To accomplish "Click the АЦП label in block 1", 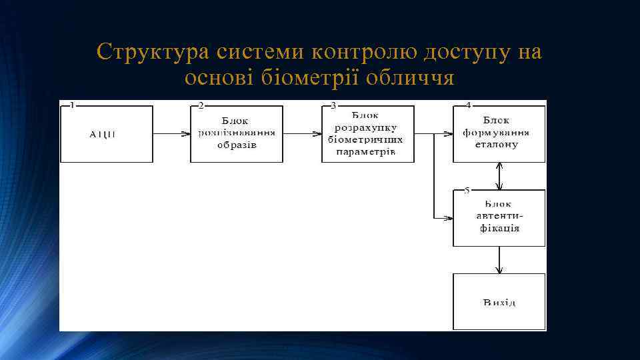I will pyautogui.click(x=102, y=134).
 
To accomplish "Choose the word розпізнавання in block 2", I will pyautogui.click(x=236, y=133).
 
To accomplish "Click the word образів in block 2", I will pyautogui.click(x=236, y=145).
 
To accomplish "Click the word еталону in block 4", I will pyautogui.click(x=498, y=144).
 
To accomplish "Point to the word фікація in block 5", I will pyautogui.click(x=499, y=228).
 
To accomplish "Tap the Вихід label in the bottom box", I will pyautogui.click(x=499, y=303).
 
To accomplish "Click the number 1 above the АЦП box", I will pyautogui.click(x=72, y=105).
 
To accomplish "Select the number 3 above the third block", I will pyautogui.click(x=333, y=105).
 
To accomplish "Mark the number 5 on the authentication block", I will pyautogui.click(x=467, y=190).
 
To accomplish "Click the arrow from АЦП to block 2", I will pyautogui.click(x=171, y=134).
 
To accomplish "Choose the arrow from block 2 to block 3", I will pyautogui.click(x=302, y=134).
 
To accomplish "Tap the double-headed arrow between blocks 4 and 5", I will pyautogui.click(x=499, y=176).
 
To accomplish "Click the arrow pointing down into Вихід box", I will pyautogui.click(x=499, y=260).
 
